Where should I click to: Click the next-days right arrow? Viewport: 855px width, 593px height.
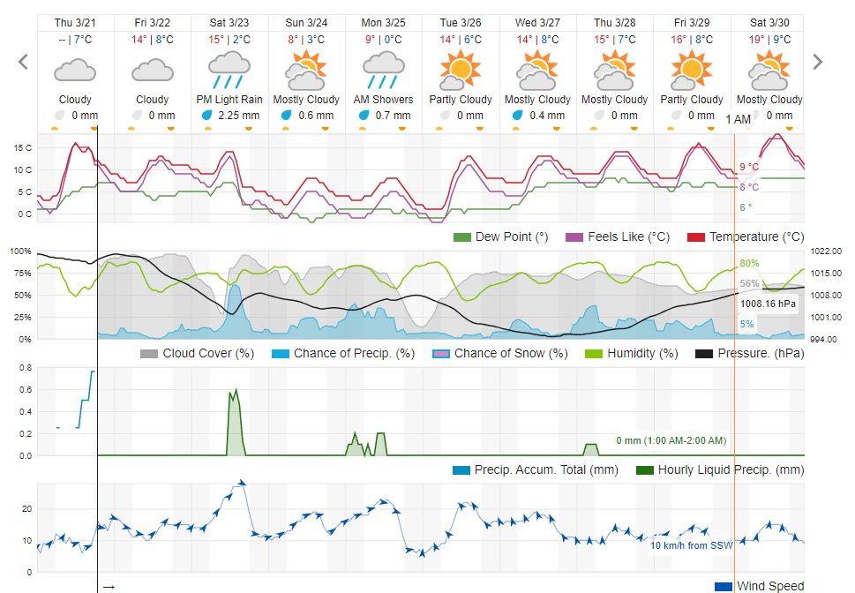coord(817,62)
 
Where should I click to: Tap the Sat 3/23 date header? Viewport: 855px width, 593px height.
coord(229,22)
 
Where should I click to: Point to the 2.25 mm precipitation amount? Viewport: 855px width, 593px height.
coord(238,116)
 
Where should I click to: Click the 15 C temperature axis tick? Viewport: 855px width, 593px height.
coord(22,147)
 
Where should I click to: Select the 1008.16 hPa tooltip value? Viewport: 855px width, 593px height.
coord(767,304)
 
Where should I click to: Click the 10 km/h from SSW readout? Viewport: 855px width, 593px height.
coord(692,545)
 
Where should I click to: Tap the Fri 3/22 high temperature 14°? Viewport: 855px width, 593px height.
coord(139,40)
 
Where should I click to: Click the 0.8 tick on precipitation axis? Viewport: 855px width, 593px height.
coord(26,367)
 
